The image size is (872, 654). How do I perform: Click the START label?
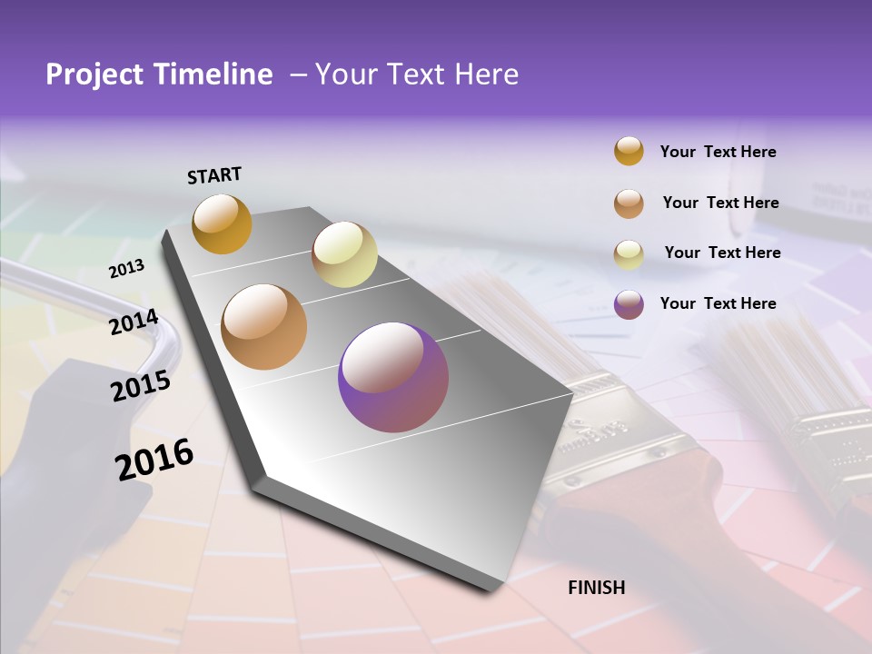tap(214, 175)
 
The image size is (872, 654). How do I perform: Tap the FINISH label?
tap(596, 588)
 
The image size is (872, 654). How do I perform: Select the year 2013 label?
tap(127, 268)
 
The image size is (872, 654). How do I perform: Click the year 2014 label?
tap(134, 322)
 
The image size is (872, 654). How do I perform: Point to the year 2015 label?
tap(141, 386)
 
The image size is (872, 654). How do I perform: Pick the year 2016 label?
tap(154, 459)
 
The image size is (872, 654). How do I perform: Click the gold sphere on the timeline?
tap(222, 223)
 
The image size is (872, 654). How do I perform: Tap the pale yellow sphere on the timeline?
tap(344, 254)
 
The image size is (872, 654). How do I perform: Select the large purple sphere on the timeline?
tap(393, 377)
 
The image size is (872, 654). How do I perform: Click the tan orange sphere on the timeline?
tap(264, 327)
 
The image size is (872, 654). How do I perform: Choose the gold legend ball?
tap(629, 151)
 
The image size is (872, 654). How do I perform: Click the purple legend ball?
tap(629, 304)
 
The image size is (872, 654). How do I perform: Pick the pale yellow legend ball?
tap(629, 254)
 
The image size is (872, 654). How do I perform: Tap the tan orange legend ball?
tap(629, 203)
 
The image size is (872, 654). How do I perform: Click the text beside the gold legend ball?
tap(718, 152)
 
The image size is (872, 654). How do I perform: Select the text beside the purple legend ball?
tap(718, 303)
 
